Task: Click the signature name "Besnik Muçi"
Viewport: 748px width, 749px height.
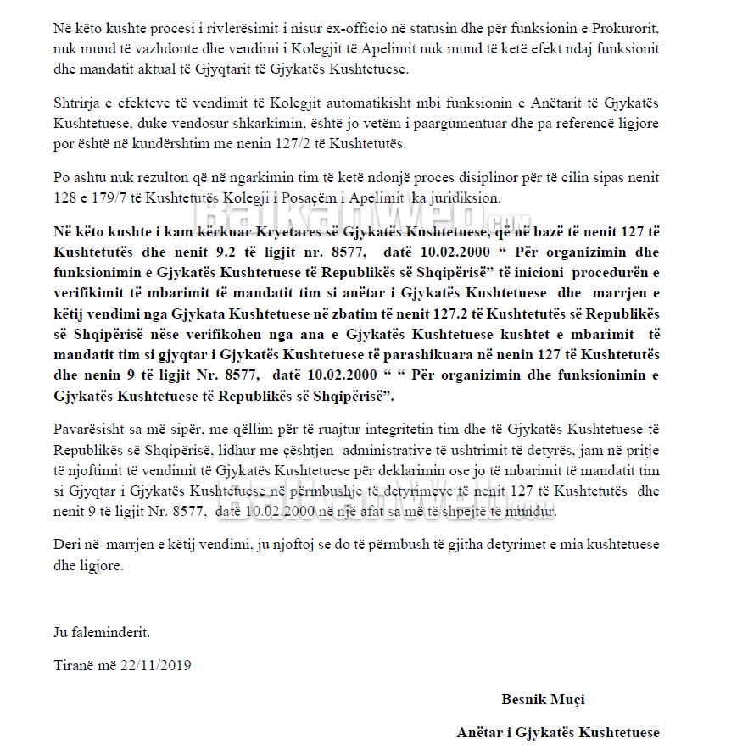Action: tap(543, 700)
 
